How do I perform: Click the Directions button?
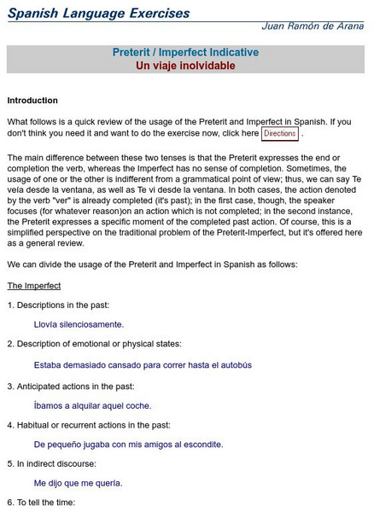(280, 134)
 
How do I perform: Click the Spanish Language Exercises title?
(98, 14)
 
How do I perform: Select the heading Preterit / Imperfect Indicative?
(185, 53)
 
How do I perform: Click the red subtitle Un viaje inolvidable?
(185, 66)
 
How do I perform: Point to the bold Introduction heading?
(32, 101)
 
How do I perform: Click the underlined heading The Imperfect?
(34, 285)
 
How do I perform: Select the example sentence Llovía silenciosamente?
(79, 324)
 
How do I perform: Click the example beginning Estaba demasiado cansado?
(143, 364)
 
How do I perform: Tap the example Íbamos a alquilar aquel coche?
(92, 405)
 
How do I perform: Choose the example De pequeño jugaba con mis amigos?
(128, 444)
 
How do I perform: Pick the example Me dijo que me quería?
(78, 483)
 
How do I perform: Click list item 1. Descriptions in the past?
(58, 305)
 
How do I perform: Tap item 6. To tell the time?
(41, 503)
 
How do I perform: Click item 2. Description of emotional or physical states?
(94, 344)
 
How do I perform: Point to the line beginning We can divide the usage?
(152, 265)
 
